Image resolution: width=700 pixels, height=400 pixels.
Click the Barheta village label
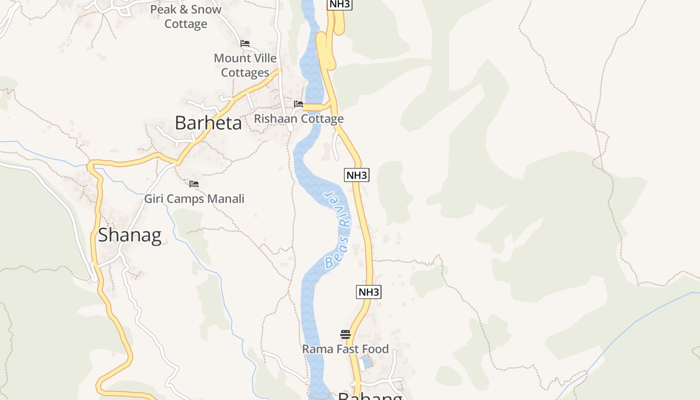(208, 123)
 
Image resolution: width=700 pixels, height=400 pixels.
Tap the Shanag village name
(129, 235)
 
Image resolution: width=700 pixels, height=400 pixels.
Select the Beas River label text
(337, 230)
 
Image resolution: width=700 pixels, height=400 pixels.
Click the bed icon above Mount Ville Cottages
(245, 43)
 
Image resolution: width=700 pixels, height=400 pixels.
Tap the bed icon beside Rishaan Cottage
(298, 104)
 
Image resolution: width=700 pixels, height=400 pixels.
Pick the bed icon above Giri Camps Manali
(194, 184)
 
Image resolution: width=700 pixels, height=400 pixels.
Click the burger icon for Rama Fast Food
(345, 334)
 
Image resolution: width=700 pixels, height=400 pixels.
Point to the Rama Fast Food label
(345, 349)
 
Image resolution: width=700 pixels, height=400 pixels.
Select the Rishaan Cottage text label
(299, 118)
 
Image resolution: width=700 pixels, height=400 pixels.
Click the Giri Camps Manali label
(194, 199)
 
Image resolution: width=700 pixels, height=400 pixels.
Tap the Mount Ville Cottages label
(245, 65)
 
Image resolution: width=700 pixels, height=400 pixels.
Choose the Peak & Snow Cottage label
(185, 16)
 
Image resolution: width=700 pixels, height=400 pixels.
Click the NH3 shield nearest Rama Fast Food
(368, 292)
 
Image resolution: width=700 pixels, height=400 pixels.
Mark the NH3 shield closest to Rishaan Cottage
(357, 175)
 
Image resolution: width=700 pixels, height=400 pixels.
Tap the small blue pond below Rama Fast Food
(366, 361)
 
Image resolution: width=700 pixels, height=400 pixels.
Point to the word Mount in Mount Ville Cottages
(231, 58)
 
